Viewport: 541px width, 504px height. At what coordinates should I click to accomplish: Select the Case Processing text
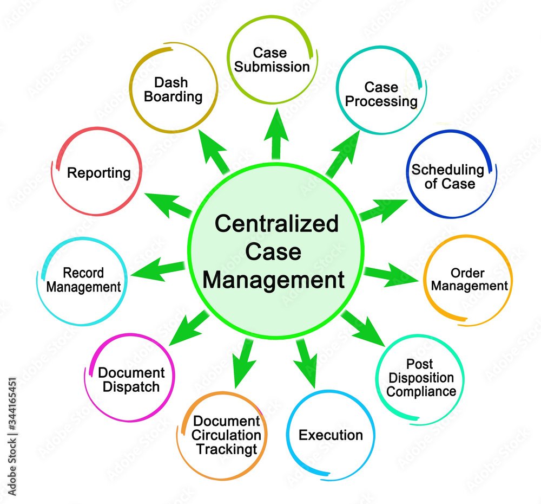pyautogui.click(x=381, y=94)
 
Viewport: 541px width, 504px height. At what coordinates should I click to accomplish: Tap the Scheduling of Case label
pyautogui.click(x=447, y=176)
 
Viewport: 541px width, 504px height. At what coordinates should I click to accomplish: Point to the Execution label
pyautogui.click(x=331, y=435)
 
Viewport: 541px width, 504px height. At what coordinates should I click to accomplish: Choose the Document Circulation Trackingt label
pyautogui.click(x=227, y=435)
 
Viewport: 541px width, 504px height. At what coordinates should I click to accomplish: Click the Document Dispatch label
pyautogui.click(x=131, y=379)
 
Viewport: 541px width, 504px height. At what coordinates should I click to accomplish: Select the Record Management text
pyautogui.click(x=83, y=280)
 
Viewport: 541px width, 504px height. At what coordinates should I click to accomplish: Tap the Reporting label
pyautogui.click(x=98, y=173)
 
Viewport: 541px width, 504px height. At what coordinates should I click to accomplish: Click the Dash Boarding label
pyautogui.click(x=170, y=90)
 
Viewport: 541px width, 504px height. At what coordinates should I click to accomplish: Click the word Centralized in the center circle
pyautogui.click(x=276, y=223)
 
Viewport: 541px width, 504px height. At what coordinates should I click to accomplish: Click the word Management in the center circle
pyautogui.click(x=276, y=280)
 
